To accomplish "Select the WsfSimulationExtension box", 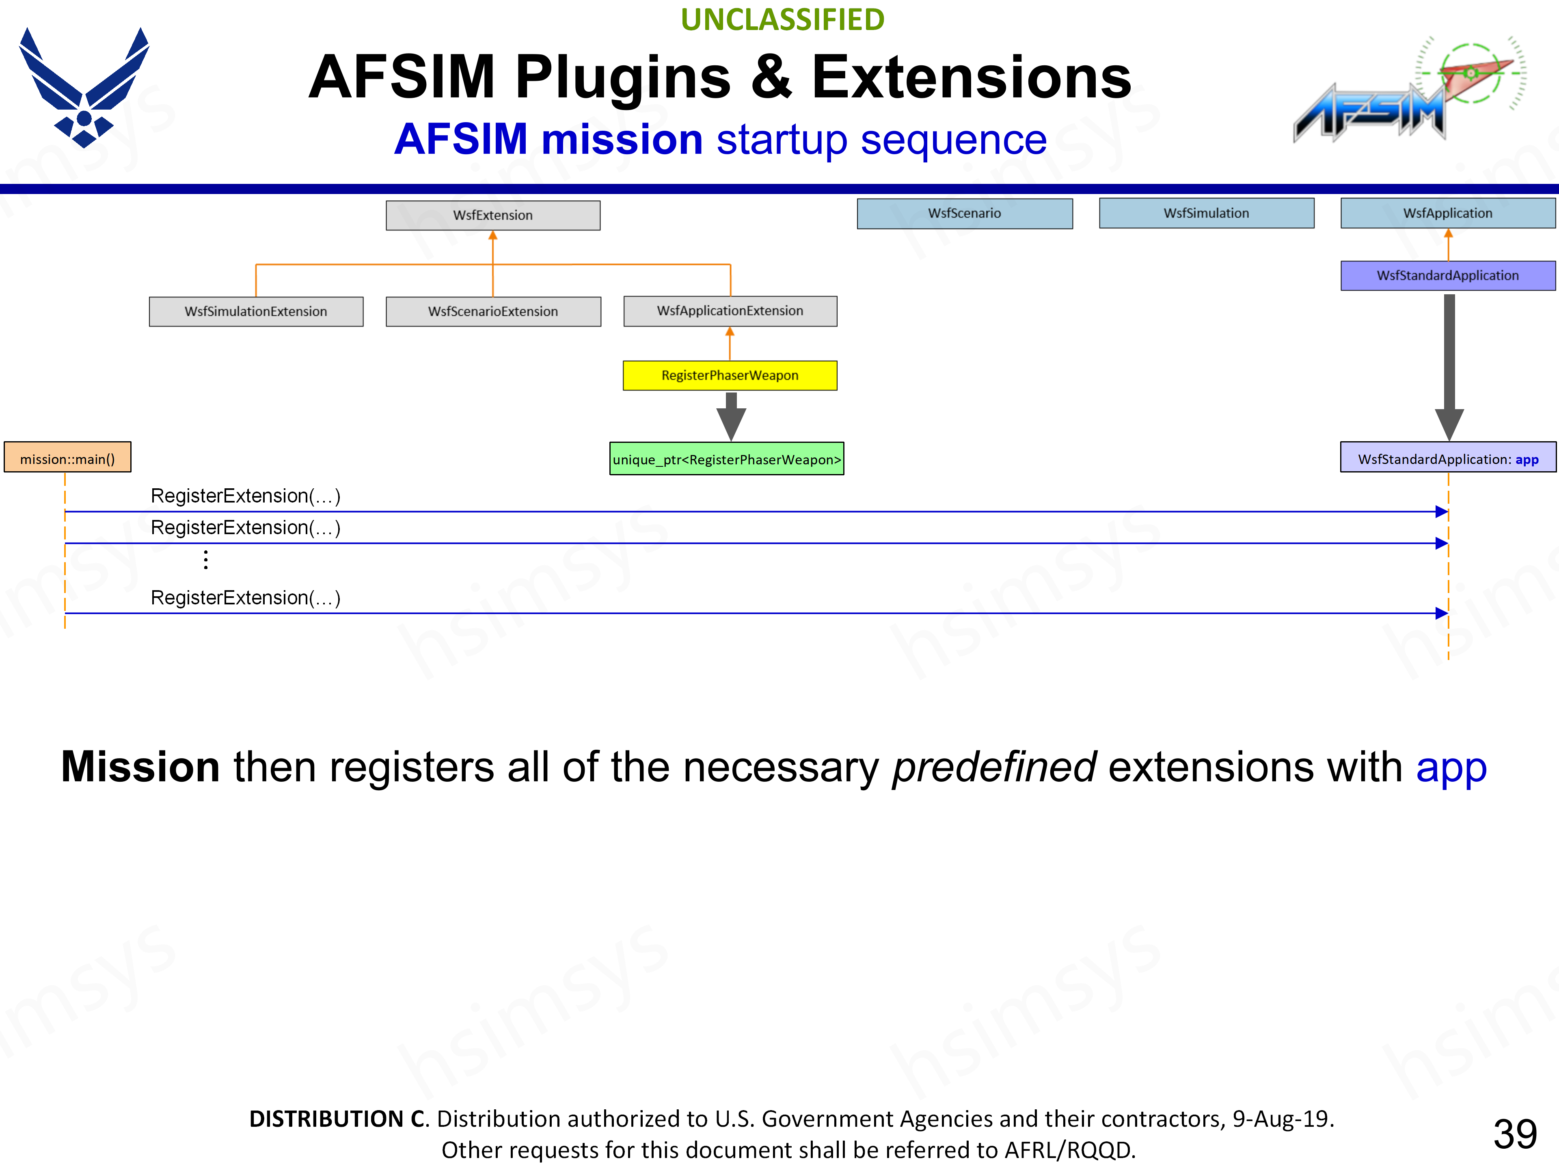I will [256, 311].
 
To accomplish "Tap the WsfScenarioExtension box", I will [492, 311].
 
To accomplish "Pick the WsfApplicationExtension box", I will [730, 311].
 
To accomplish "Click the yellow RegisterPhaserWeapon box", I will [730, 375].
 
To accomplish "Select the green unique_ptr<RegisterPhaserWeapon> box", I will [727, 459].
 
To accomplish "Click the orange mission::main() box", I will [68, 459].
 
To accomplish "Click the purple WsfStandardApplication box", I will [1448, 276].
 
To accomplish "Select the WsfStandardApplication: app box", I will [1448, 459].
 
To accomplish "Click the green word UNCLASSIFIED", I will [782, 20].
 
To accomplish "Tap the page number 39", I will [1515, 1134].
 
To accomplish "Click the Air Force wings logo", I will [84, 88].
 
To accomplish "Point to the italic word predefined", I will [994, 767].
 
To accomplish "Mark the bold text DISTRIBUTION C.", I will [338, 1118].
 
